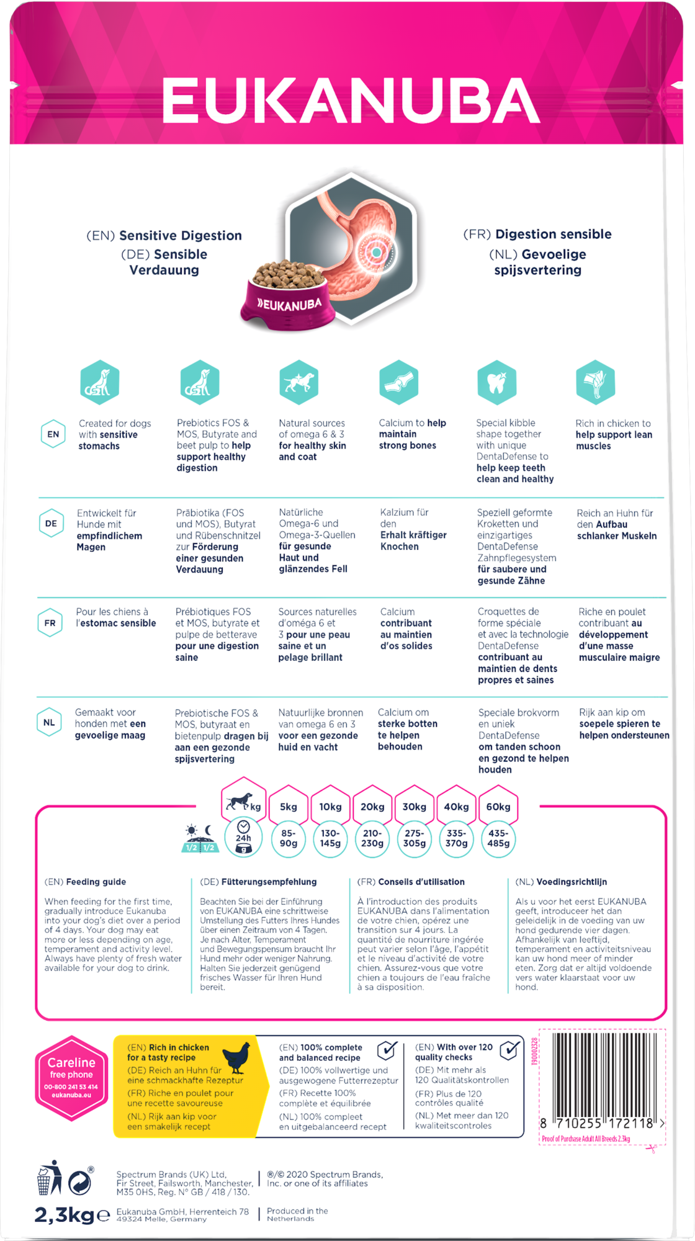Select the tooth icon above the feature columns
click(x=496, y=382)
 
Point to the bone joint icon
click(x=398, y=382)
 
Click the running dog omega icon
click(x=298, y=382)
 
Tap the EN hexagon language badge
click(x=53, y=434)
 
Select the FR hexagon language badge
click(x=50, y=623)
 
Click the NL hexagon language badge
click(x=49, y=723)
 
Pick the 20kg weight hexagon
click(x=372, y=807)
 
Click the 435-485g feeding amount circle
click(x=498, y=838)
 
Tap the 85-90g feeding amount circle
click(x=289, y=838)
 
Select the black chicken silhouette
click(x=236, y=1058)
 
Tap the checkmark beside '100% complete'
click(x=387, y=1050)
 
